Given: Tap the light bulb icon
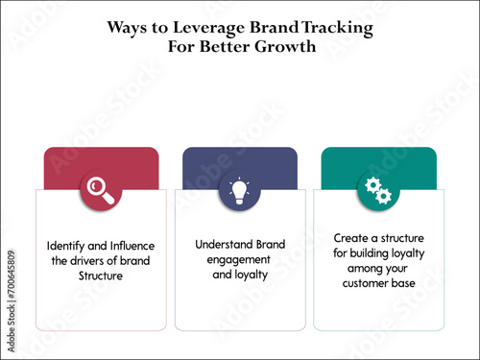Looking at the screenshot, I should pyautogui.click(x=239, y=190).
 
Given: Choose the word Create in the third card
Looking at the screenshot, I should pyautogui.click(x=350, y=236).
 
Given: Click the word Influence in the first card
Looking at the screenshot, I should pyautogui.click(x=132, y=247).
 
